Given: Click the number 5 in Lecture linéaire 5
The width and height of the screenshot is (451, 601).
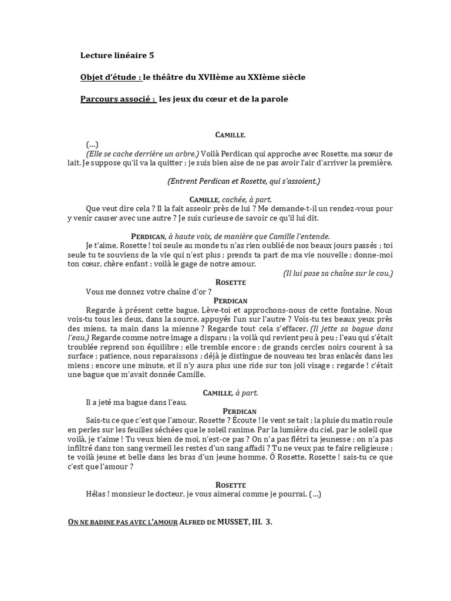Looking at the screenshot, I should point(152,56).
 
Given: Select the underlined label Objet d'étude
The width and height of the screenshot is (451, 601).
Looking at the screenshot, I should point(110,77).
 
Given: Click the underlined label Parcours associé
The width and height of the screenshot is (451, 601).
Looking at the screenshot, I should point(117,99).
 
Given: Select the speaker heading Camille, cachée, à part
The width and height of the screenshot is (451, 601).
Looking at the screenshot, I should point(230,200).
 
